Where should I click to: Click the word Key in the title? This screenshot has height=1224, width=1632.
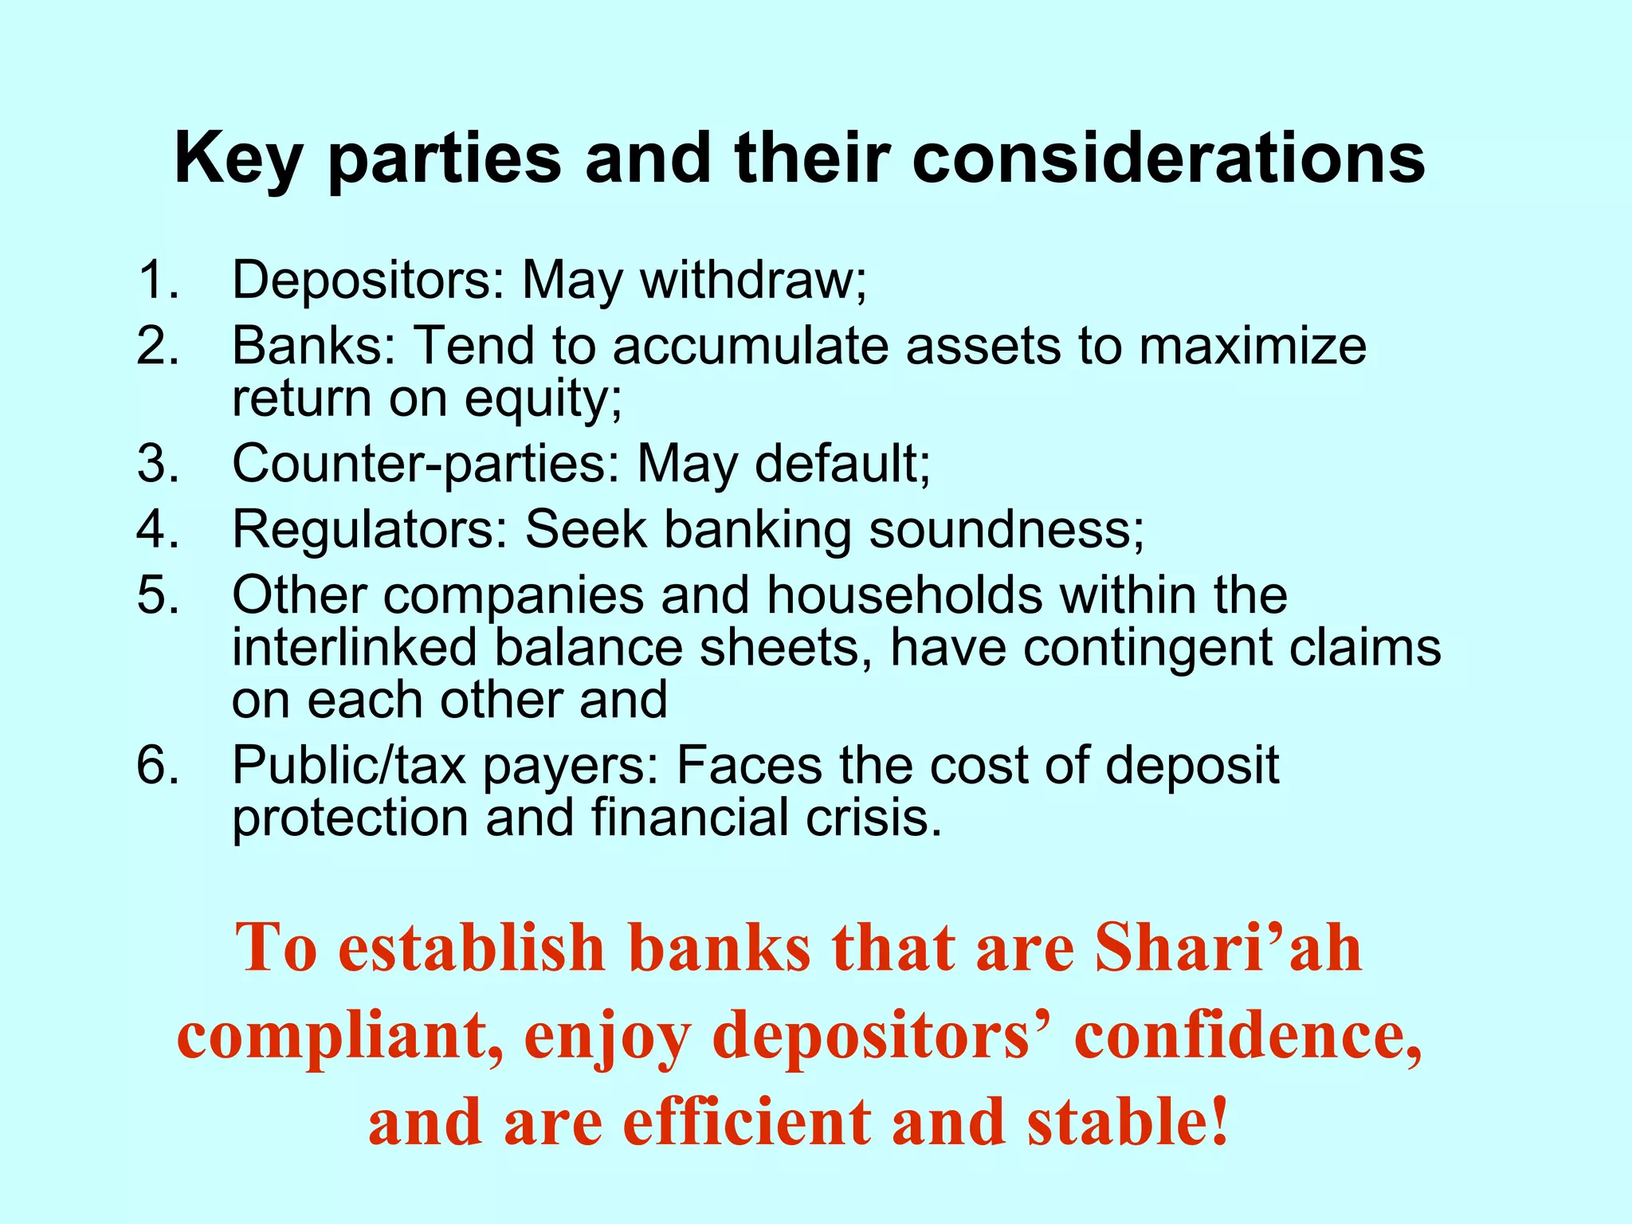(x=237, y=159)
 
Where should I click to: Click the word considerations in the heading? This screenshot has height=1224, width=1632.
(x=1168, y=158)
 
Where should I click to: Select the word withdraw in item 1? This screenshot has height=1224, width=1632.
(x=753, y=280)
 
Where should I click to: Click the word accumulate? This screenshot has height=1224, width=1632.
(x=750, y=346)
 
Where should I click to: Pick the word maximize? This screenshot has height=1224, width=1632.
(x=1252, y=346)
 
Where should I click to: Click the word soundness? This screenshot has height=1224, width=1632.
(x=1006, y=529)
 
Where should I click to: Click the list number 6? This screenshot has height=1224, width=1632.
(x=157, y=765)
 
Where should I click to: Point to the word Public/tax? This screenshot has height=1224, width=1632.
(x=348, y=765)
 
